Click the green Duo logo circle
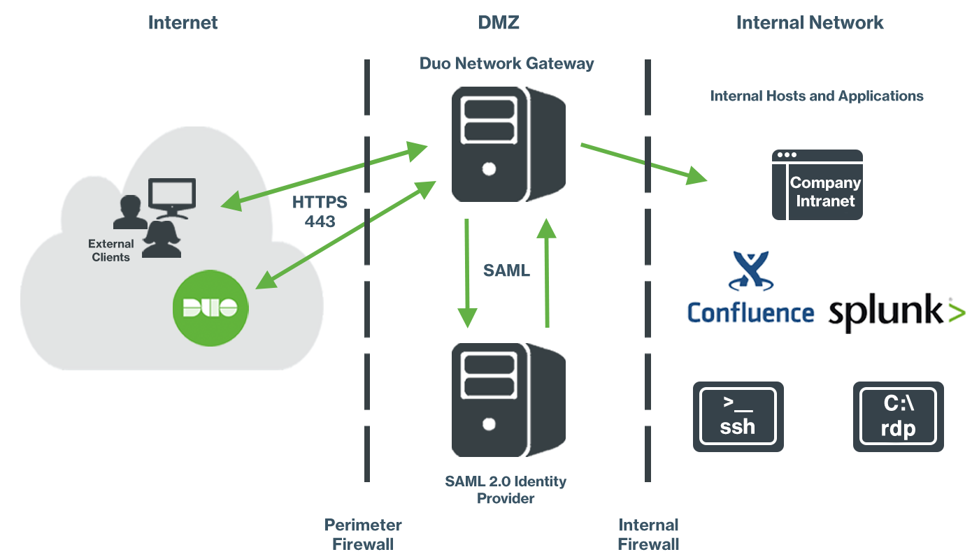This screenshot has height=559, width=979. point(209,307)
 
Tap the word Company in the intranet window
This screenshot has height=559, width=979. point(825,183)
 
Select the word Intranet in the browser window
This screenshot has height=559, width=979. point(825,201)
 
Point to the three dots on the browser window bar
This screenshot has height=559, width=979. point(787,154)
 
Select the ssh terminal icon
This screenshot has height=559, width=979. point(738,416)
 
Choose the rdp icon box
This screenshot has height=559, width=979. point(898,416)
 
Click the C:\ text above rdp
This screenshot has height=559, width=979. point(899,404)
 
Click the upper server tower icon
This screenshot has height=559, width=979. point(489,143)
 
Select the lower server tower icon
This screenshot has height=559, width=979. point(489,398)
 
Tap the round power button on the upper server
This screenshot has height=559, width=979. point(489,168)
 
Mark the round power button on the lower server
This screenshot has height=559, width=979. point(489,423)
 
